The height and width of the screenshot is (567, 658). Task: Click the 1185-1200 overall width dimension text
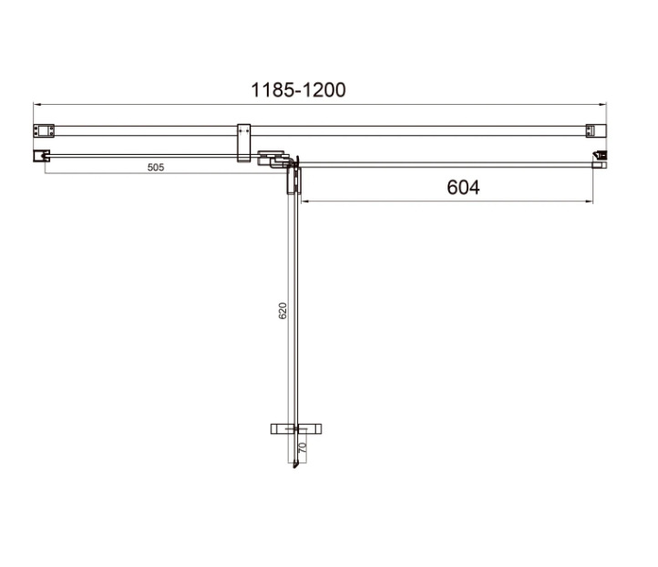point(298,90)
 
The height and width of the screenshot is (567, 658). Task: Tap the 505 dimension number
point(156,167)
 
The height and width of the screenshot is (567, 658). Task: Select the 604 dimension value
point(463,187)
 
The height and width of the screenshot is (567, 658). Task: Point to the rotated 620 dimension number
point(283,311)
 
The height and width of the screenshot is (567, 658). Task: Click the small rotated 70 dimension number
point(303,448)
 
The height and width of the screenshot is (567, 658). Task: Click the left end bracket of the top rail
point(44,130)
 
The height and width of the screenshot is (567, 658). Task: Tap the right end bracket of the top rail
point(596,130)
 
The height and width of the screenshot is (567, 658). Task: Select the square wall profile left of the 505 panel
point(41,156)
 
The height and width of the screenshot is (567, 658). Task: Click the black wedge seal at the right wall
point(601,155)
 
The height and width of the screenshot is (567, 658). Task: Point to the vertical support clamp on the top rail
point(244,143)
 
